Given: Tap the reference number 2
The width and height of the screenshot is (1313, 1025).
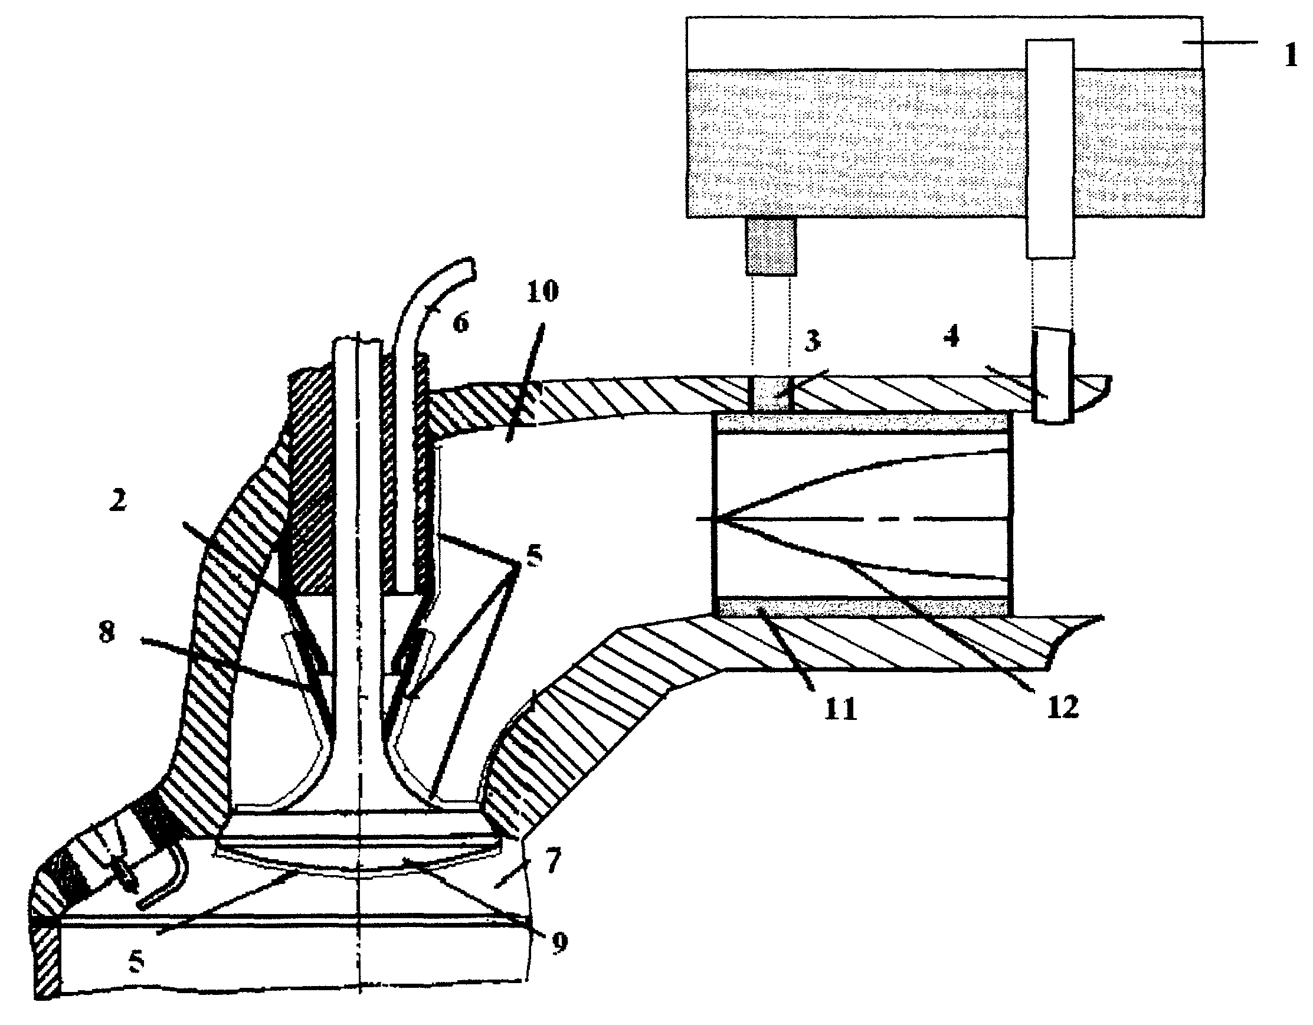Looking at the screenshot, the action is tap(117, 500).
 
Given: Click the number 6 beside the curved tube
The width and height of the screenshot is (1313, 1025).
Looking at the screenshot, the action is tap(460, 323).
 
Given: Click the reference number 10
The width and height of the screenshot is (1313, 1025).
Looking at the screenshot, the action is tap(542, 291).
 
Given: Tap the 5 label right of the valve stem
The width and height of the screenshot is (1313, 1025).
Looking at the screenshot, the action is tap(533, 555).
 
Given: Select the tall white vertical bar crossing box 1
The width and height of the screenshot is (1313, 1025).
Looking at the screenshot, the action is tap(1050, 149).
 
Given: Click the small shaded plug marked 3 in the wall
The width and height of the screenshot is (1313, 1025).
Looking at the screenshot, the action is tap(772, 394).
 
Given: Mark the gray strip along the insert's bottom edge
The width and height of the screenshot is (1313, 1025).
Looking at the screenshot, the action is tap(863, 607).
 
